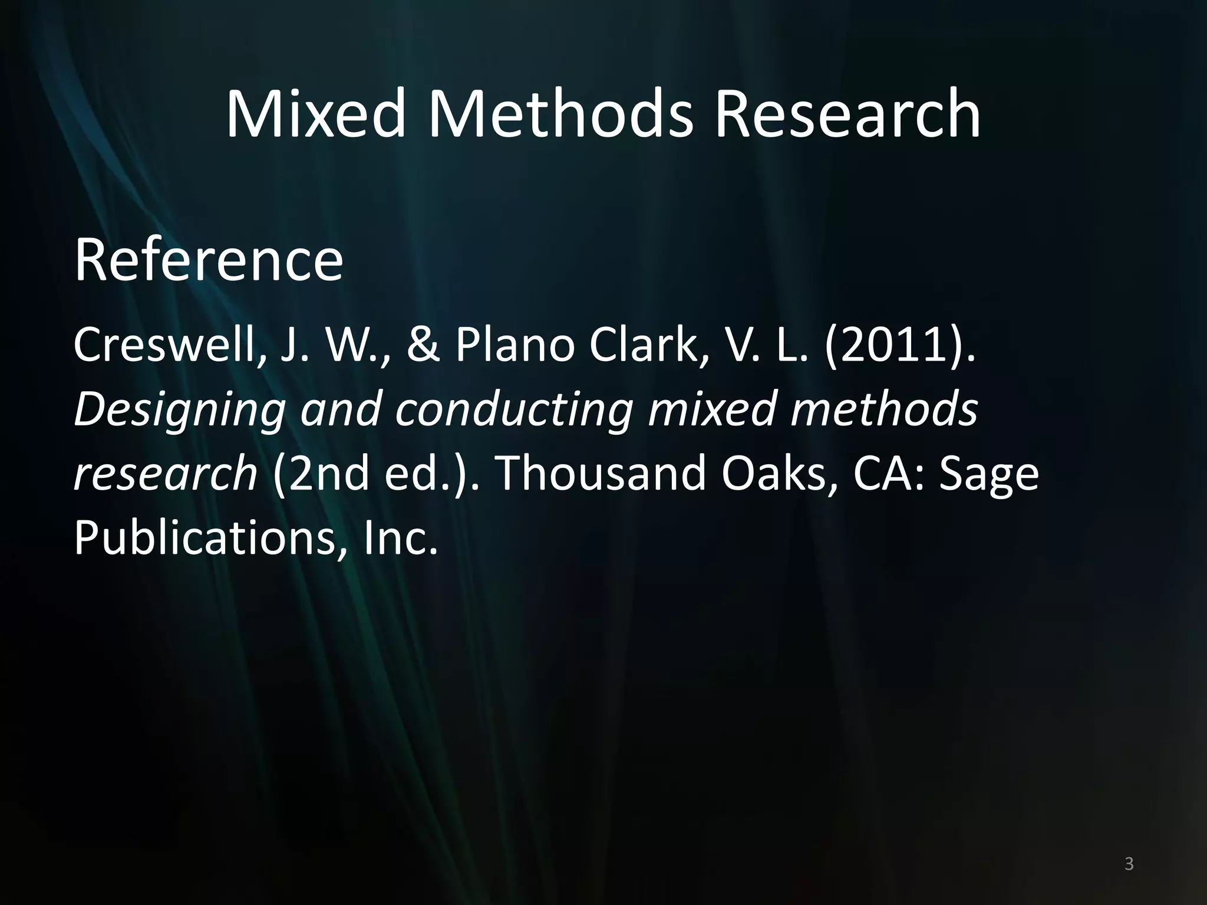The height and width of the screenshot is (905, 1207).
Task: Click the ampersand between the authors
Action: coord(423,346)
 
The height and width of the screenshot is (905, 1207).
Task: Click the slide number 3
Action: coord(1129,864)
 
